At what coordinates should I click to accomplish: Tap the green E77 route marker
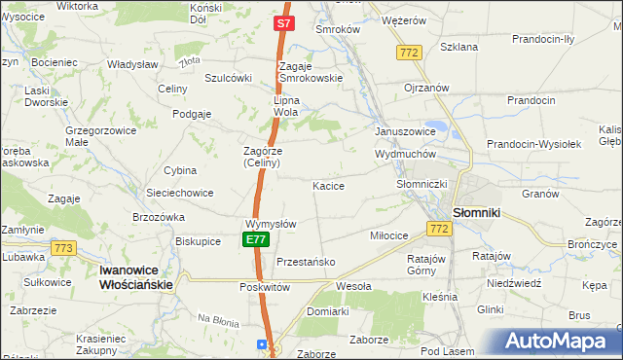point(255,239)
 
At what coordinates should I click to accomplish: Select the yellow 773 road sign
point(64,249)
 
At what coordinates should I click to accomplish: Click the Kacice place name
point(328,185)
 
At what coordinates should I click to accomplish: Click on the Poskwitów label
point(266,288)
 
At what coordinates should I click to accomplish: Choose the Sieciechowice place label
point(180,193)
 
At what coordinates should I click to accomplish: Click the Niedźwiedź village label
point(515,283)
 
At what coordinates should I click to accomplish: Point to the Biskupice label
point(199,240)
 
